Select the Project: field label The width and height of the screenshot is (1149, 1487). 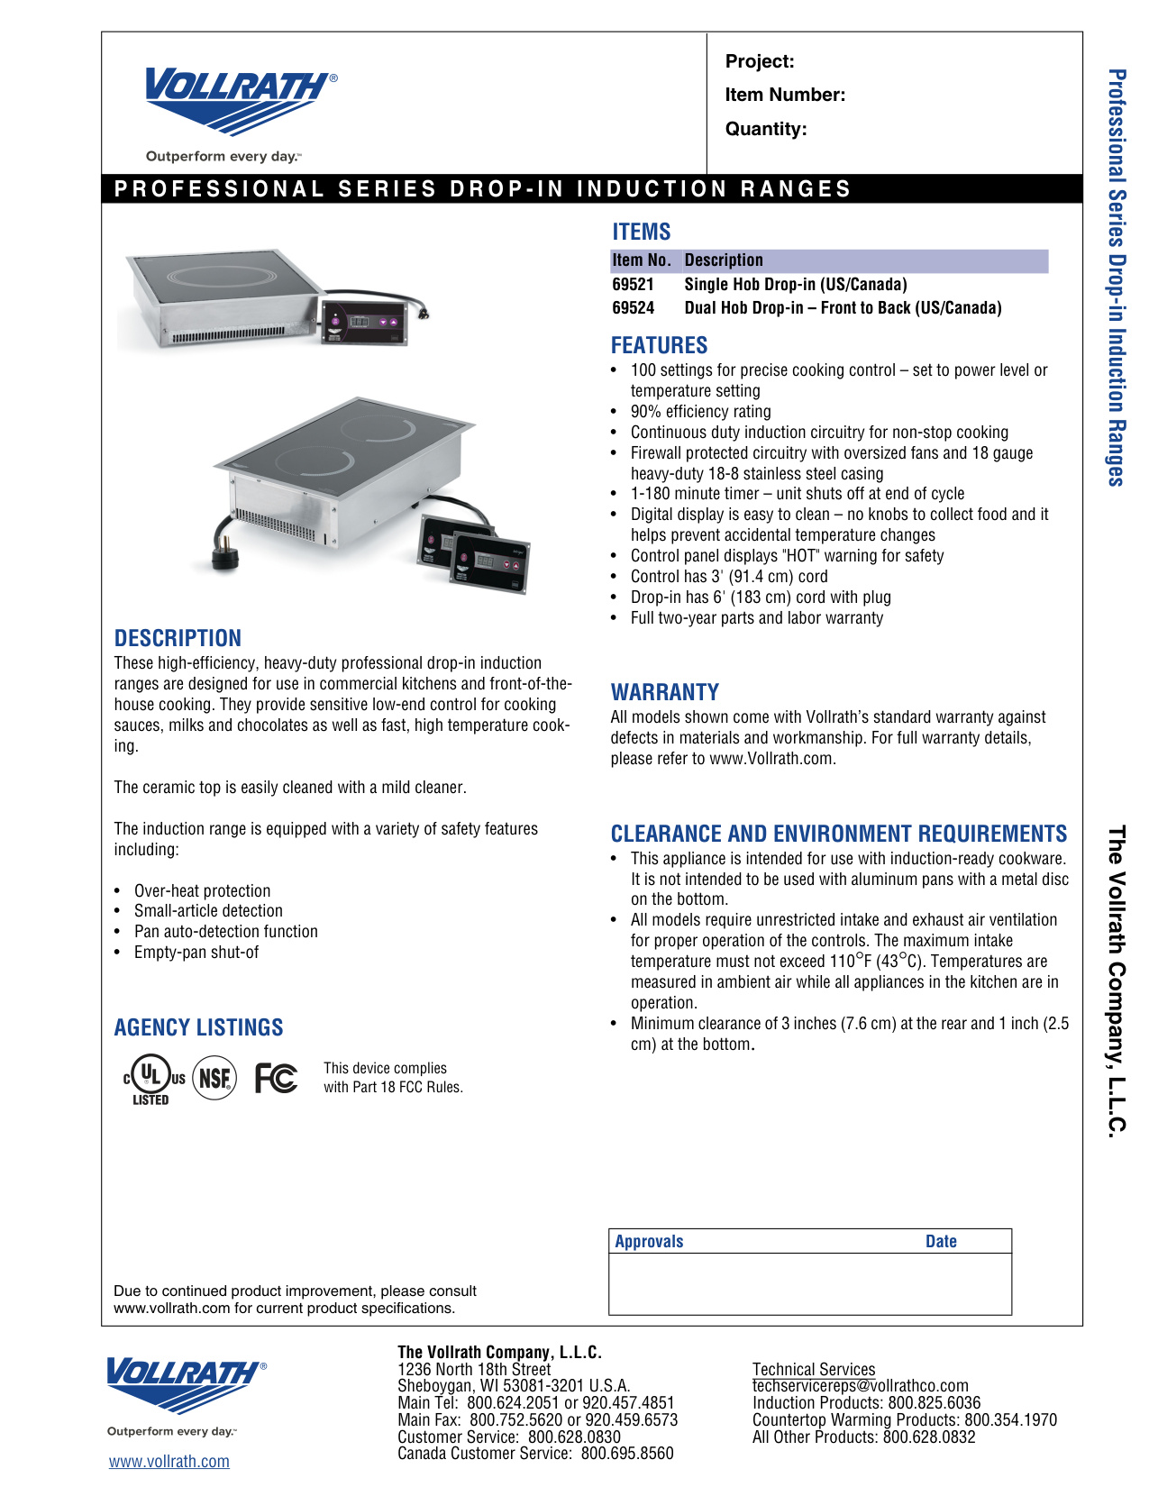click(760, 61)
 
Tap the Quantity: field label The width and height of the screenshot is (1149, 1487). click(765, 129)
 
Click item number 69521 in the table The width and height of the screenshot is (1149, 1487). click(633, 285)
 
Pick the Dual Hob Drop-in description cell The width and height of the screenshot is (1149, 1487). click(843, 308)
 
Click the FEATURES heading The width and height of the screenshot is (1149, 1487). click(659, 345)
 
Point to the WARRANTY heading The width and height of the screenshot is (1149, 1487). click(664, 692)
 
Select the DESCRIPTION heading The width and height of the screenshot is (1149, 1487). click(178, 638)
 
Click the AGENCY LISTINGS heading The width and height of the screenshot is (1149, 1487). click(198, 1027)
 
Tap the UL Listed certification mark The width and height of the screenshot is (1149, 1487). click(152, 1079)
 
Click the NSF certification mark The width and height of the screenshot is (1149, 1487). click(214, 1078)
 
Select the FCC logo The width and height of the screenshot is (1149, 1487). click(276, 1078)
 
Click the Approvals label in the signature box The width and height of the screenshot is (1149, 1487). click(649, 1241)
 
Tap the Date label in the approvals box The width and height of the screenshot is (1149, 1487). click(941, 1241)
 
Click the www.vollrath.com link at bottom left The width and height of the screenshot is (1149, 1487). click(169, 1461)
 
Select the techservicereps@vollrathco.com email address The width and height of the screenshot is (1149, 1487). click(860, 1386)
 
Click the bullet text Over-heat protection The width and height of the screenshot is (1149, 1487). click(202, 890)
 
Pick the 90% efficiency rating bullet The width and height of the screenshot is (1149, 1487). click(700, 412)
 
